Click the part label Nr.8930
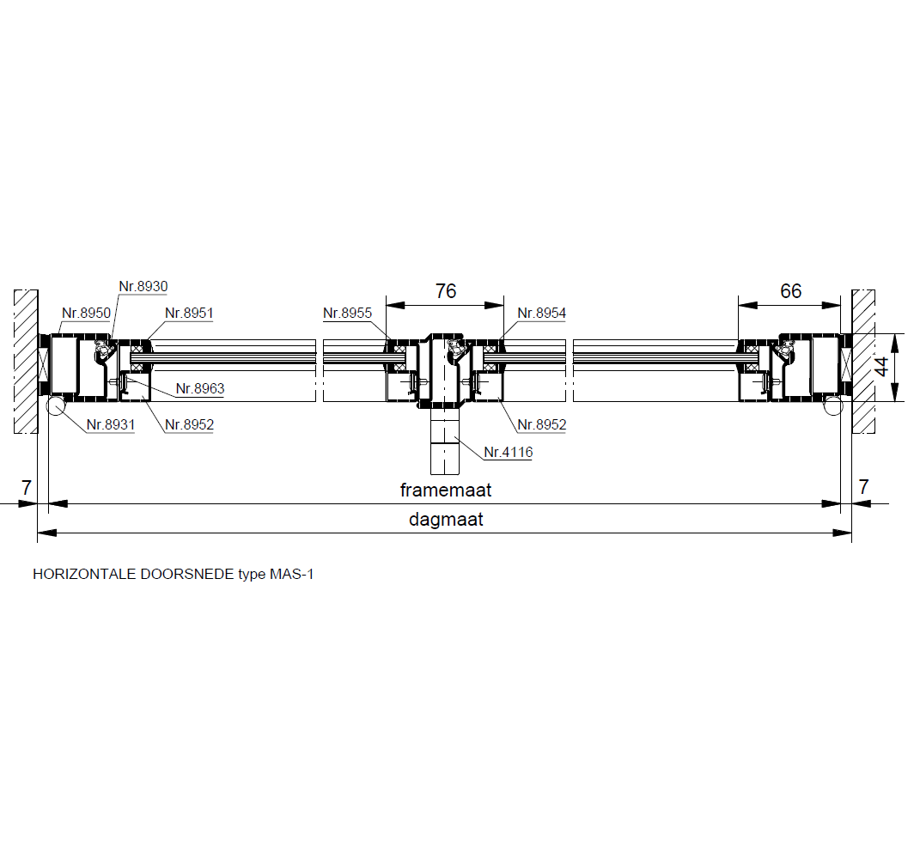pyautogui.click(x=143, y=286)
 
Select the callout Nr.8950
pyautogui.click(x=86, y=313)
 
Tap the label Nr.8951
pyautogui.click(x=189, y=313)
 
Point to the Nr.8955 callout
pyautogui.click(x=347, y=313)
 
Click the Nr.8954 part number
pyautogui.click(x=541, y=313)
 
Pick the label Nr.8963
pyautogui.click(x=200, y=389)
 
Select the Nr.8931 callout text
pyautogui.click(x=111, y=425)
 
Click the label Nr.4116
pyautogui.click(x=509, y=452)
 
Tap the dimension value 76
pyautogui.click(x=446, y=291)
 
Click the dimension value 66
pyautogui.click(x=791, y=291)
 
